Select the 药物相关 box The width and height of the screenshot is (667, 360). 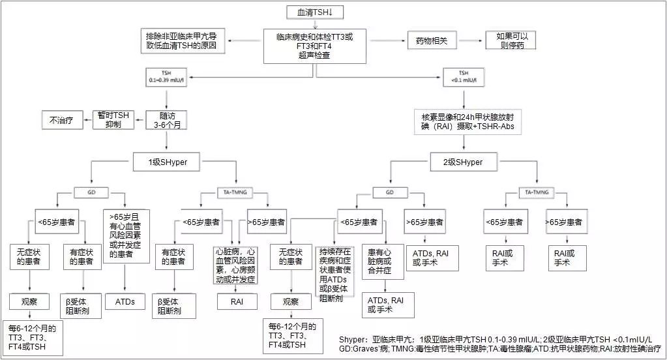coord(428,40)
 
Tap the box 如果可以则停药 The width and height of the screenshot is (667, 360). coord(510,40)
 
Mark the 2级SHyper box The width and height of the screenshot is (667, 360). coord(464,162)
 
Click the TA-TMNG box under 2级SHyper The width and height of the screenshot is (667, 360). coord(536,192)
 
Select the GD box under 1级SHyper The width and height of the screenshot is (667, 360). coord(92,192)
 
